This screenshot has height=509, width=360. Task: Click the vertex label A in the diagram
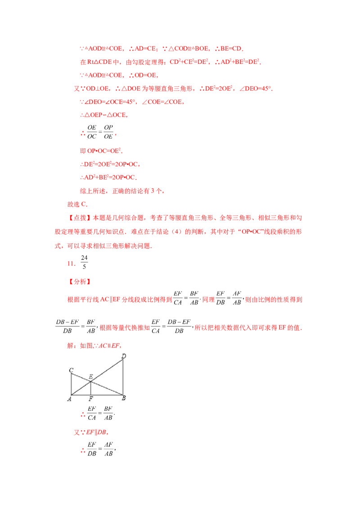click(x=69, y=399)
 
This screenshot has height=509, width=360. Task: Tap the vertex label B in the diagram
click(x=124, y=398)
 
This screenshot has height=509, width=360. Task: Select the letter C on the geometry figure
click(x=71, y=370)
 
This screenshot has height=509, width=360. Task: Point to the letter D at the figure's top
click(x=124, y=357)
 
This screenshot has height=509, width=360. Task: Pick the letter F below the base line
click(x=91, y=399)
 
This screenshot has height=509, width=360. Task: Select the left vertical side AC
click(x=72, y=384)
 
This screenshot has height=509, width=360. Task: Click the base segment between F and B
click(x=108, y=395)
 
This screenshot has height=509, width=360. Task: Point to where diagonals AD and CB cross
click(x=91, y=382)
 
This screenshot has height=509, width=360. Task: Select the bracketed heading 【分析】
click(x=80, y=282)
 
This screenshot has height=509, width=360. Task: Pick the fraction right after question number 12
click(x=83, y=262)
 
